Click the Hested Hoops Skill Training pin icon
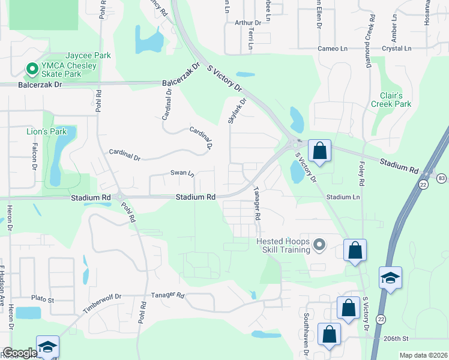pos(319,244)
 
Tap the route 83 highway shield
pos(441,178)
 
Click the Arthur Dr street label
pos(248,23)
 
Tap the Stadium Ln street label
pos(343,197)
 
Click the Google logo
pos(20,353)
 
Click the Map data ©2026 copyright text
pos(423,355)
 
